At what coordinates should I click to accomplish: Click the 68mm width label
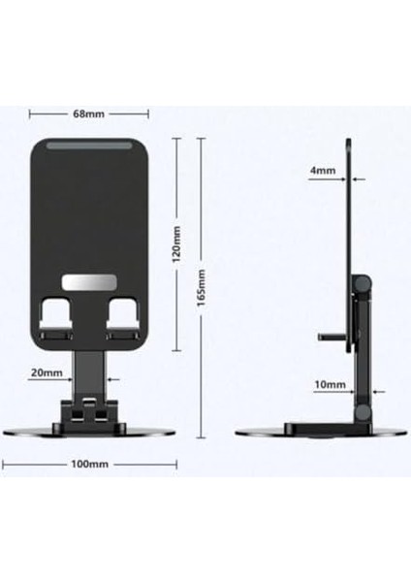pyautogui.click(x=88, y=113)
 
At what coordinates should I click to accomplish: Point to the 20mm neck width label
pyautogui.click(x=47, y=372)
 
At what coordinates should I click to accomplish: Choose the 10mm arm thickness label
pyautogui.click(x=329, y=385)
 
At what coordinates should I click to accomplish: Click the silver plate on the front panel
pyautogui.click(x=88, y=283)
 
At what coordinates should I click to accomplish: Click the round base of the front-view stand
pyautogui.click(x=90, y=431)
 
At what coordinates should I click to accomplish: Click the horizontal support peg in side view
pyautogui.click(x=332, y=337)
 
